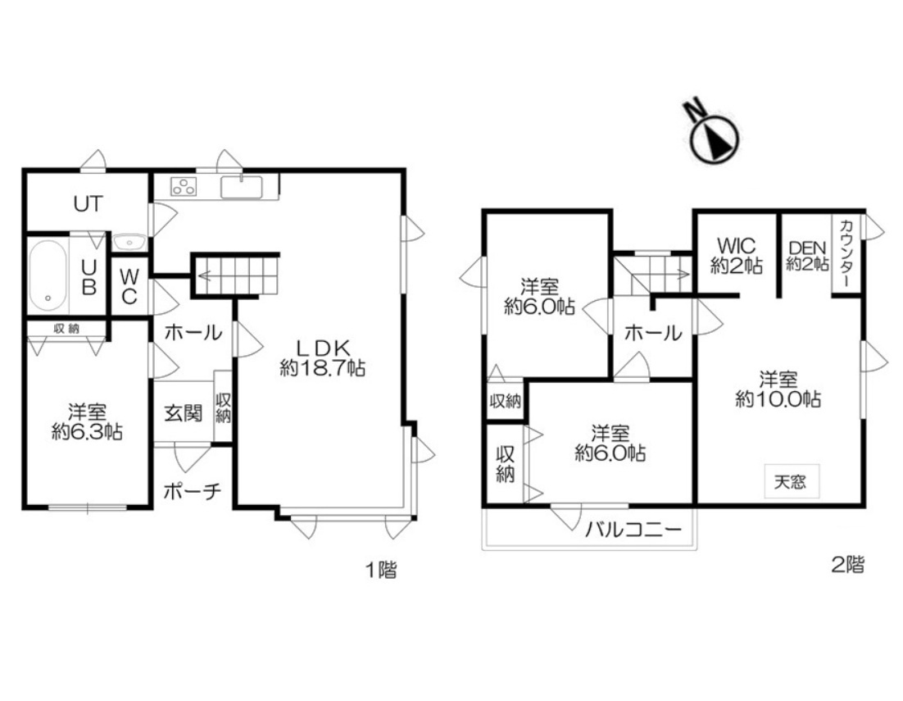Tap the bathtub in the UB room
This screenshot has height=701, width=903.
click(48, 275)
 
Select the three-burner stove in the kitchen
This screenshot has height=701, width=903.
click(184, 187)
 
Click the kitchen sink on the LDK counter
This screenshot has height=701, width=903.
click(241, 187)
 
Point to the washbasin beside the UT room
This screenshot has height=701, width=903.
click(129, 242)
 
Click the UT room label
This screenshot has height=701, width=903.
click(88, 203)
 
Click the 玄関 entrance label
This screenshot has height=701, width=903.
click(183, 413)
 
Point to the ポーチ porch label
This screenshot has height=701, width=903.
click(193, 491)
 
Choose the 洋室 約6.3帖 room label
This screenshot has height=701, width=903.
click(87, 422)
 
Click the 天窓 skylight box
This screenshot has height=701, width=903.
click(791, 481)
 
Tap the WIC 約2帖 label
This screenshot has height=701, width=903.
click(737, 255)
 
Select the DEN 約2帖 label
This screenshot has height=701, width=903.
click(807, 256)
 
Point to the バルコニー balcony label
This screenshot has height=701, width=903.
click(633, 529)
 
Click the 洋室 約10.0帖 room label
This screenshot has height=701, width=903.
click(778, 390)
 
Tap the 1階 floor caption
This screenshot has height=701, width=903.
click(381, 571)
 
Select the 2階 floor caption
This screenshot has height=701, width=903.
click(848, 564)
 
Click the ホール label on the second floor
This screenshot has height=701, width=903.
click(653, 333)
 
